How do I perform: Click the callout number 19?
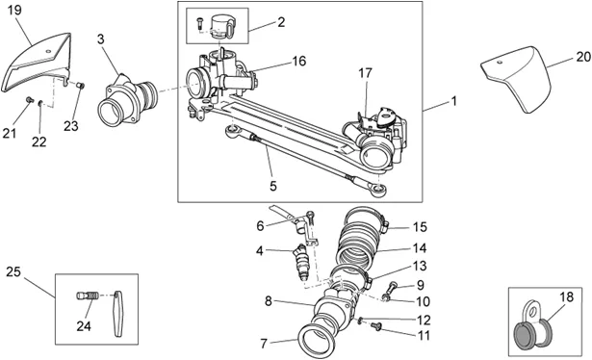coord(14,10)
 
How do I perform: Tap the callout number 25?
coord(13,271)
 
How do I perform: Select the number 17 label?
coord(365,73)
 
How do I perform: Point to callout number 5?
coord(273,186)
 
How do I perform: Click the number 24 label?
coord(84,325)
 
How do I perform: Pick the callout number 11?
coord(424,335)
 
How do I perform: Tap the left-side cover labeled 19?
coord(37,63)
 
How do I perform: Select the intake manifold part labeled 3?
coord(128,100)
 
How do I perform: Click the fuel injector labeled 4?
coord(301,262)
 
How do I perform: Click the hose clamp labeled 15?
coord(366,218)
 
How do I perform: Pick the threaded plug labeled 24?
coord(88,296)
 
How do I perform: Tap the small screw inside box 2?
coord(199,23)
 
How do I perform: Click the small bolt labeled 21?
coord(29,99)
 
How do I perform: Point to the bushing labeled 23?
coord(81,86)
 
